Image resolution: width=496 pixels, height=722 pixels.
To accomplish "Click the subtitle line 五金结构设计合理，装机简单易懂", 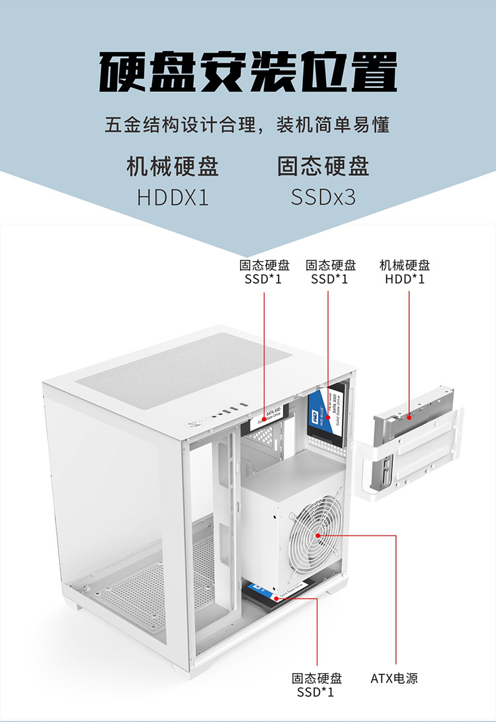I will point(247,124).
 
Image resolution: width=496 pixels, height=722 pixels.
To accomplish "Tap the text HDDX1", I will point(173,198).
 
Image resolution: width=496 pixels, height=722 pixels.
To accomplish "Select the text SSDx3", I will point(323,198).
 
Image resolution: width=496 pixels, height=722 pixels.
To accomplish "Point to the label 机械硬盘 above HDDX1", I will point(173,167).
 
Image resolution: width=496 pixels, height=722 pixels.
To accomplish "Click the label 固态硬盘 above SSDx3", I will point(323,167).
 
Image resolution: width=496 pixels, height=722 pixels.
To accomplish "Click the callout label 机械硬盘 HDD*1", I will point(405,272).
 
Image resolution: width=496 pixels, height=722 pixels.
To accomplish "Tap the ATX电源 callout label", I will point(394,678).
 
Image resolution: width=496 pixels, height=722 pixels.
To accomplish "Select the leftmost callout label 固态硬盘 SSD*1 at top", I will point(264,272).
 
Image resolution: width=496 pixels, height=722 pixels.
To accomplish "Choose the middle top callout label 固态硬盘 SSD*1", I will point(330,272).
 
